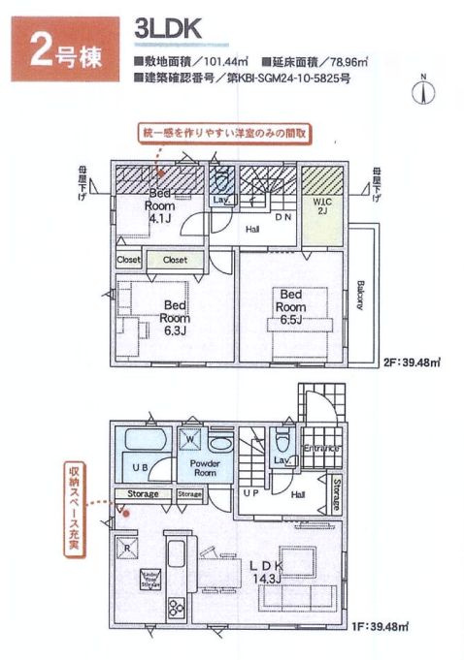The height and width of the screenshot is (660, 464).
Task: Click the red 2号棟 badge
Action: [66, 48]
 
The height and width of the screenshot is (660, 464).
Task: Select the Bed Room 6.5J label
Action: [291, 307]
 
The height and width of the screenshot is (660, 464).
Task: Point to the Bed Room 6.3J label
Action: [176, 318]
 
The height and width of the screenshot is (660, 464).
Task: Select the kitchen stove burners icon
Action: [179, 609]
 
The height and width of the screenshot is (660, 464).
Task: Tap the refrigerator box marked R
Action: [127, 548]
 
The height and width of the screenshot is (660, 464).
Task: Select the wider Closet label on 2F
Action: [175, 260]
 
